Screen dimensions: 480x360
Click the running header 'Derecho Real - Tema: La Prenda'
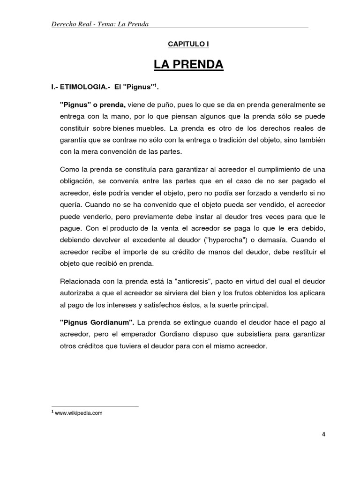click(x=100, y=24)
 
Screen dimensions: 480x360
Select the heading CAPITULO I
click(x=188, y=44)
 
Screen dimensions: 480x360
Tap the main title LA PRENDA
click(x=188, y=64)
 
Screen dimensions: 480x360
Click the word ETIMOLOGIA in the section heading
click(x=89, y=88)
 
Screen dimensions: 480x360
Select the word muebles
click(x=152, y=128)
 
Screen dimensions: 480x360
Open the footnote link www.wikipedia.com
click(x=78, y=413)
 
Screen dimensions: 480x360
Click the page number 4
click(x=323, y=434)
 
